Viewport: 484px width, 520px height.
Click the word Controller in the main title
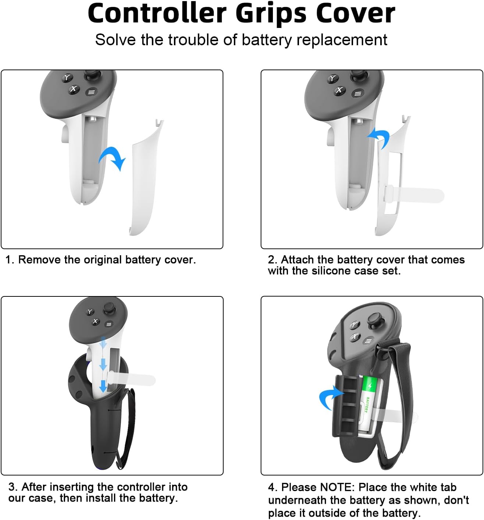pos(157,14)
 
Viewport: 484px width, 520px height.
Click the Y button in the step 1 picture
pos(67,78)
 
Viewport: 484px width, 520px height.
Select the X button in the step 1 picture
pos(74,89)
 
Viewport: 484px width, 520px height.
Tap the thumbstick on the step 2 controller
pos(357,76)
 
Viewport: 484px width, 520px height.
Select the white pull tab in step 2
pos(416,195)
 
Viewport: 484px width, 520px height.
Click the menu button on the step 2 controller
pos(357,94)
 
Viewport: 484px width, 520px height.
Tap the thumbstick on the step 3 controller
pos(109,308)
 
